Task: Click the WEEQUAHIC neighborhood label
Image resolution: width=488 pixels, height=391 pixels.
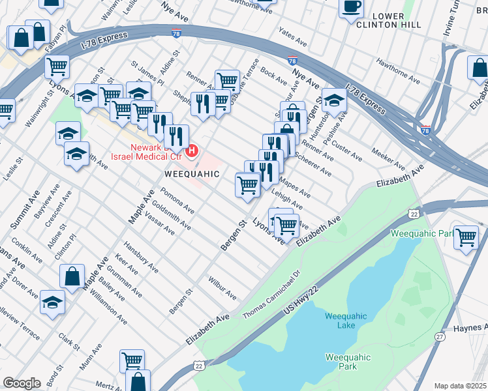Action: point(190,175)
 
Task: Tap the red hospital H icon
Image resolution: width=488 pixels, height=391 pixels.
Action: point(192,152)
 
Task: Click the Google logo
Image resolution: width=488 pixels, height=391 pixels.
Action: point(22,383)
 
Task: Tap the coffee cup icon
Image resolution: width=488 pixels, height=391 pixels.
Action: point(351,7)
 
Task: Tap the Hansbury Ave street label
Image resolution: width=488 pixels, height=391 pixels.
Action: point(142,259)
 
